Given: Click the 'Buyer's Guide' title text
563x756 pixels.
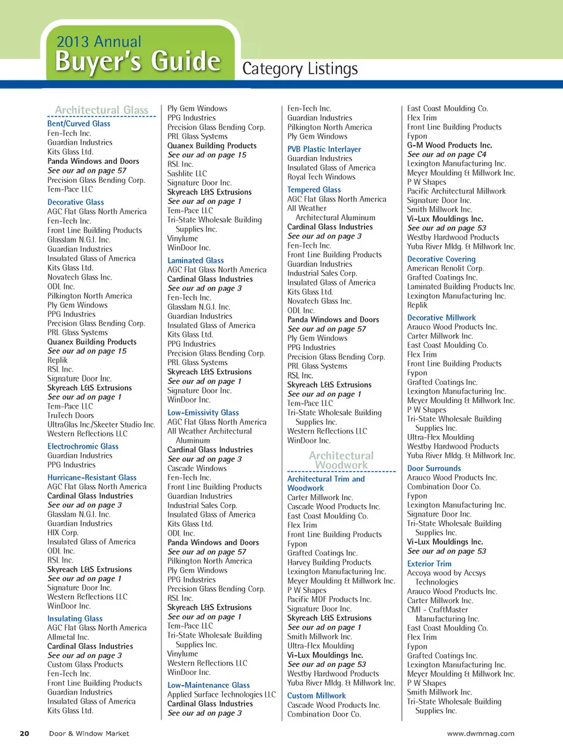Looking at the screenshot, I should point(137,62).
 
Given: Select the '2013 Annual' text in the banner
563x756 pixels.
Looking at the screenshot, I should point(99,42).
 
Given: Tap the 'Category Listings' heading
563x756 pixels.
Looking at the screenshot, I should point(300,69).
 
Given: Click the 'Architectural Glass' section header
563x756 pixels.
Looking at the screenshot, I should point(101,110).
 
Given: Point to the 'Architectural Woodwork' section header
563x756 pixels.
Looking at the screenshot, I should point(341,460).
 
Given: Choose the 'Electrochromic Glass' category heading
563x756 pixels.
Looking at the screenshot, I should point(83,447).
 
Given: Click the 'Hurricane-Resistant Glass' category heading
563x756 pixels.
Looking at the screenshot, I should point(91,478).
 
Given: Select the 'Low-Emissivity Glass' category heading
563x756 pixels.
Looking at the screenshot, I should point(203,413).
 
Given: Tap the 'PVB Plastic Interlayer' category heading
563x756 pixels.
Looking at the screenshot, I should point(324,149).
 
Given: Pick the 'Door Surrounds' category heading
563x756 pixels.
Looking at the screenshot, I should point(434,469).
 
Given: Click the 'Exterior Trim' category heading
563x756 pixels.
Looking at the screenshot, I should point(429,564).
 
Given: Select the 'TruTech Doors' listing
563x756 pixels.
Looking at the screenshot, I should point(70,416).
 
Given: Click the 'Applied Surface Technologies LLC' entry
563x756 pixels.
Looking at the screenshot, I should point(221,694).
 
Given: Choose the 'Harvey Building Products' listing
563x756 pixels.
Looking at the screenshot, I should point(329,562).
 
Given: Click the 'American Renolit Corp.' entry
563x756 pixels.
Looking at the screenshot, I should point(445,268).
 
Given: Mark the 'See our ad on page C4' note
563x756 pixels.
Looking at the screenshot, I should point(446,155).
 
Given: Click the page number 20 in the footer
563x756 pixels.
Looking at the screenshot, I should point(25,733).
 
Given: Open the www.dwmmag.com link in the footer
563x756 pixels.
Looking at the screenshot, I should point(480,733).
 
